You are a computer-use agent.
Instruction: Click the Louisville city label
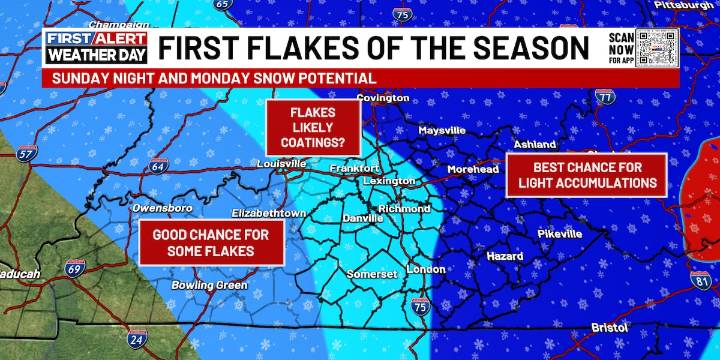[x=281, y=163]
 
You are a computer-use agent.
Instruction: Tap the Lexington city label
[x=389, y=181]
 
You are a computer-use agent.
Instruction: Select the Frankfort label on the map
[x=356, y=168]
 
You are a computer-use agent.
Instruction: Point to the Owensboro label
[x=162, y=208]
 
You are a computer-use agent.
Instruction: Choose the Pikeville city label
[x=559, y=234]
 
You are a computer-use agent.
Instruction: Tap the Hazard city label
[x=504, y=256]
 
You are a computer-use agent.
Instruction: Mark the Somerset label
[x=372, y=273]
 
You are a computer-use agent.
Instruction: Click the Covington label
[x=382, y=98]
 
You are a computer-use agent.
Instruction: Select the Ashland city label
[x=535, y=145]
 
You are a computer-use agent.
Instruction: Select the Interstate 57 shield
[x=25, y=153]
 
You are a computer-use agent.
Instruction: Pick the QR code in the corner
[x=659, y=47]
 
